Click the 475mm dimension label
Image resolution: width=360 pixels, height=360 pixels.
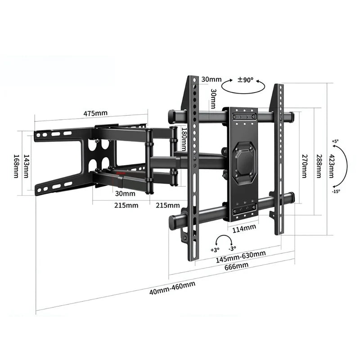pos(95,113)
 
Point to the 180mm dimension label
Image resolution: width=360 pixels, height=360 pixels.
pos(184,139)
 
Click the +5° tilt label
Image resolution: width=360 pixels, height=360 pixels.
pos(335,141)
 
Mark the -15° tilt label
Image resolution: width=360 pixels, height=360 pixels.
pos(336,191)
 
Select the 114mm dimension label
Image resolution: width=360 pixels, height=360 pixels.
pos(244,228)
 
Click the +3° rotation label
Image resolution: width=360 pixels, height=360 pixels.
pos(215,249)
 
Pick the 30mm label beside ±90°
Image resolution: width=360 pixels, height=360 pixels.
pos(211,80)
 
